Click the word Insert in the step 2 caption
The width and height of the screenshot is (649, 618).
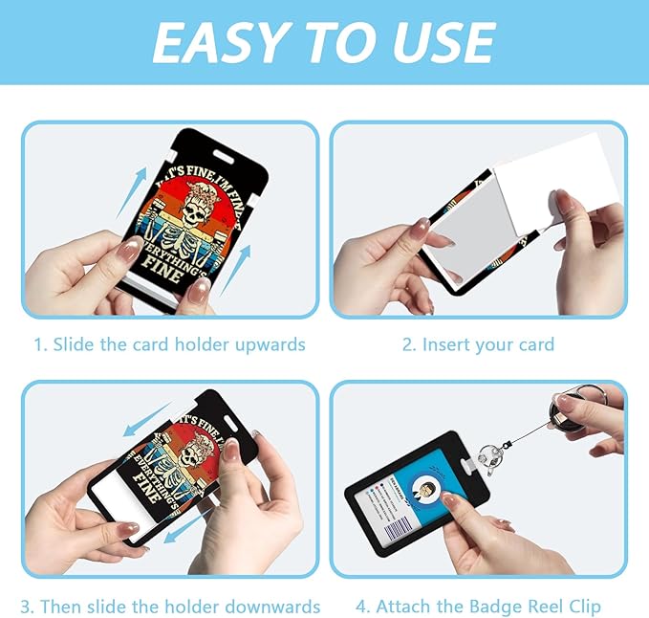447,345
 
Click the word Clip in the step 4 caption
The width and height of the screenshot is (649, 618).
584,607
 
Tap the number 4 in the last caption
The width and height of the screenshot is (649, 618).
360,607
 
